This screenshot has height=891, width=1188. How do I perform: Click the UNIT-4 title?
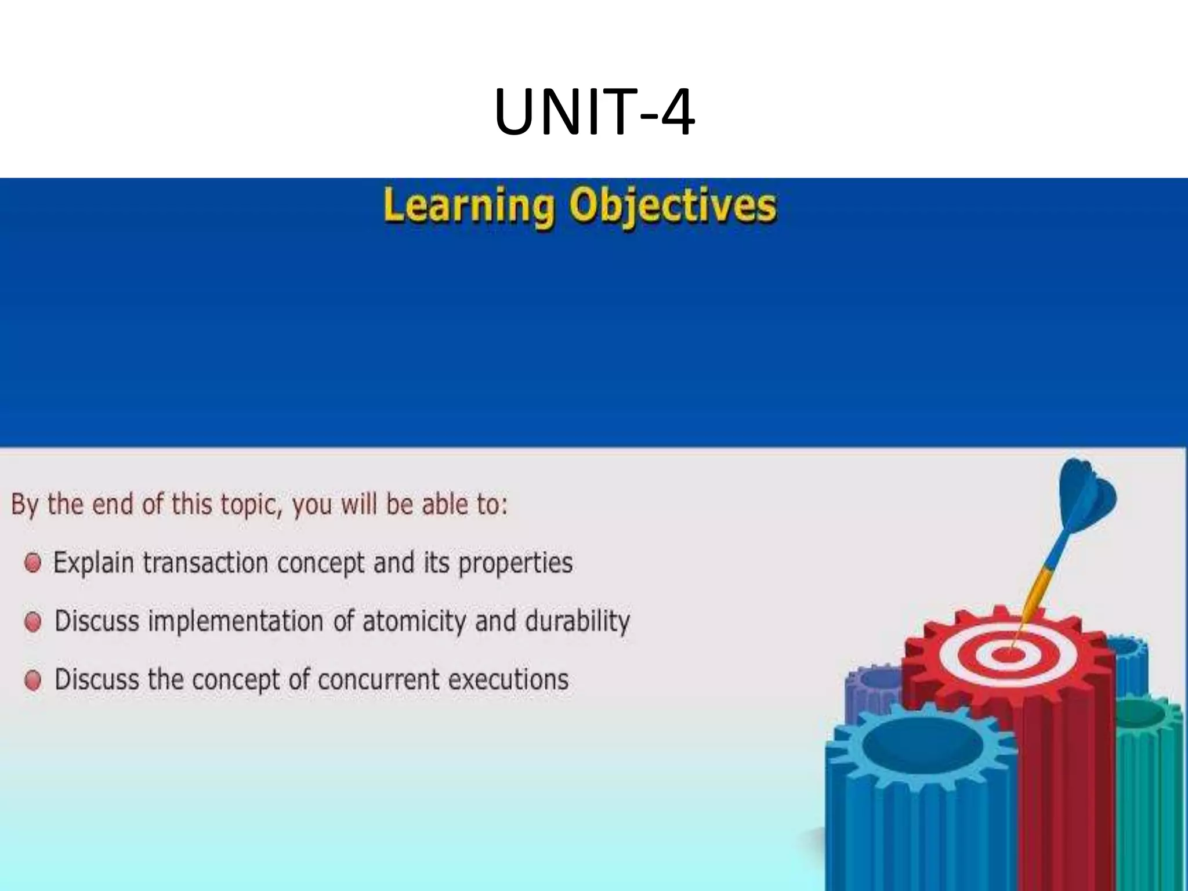pos(594,112)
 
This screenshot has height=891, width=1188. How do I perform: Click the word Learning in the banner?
pos(468,206)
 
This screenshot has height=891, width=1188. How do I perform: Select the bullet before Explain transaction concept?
pos(33,563)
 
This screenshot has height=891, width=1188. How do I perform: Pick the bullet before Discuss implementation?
pos(33,622)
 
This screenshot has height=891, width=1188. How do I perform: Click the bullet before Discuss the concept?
pos(33,680)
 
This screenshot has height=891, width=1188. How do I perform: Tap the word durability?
pos(577,622)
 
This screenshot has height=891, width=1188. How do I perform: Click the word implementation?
pos(236,622)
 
